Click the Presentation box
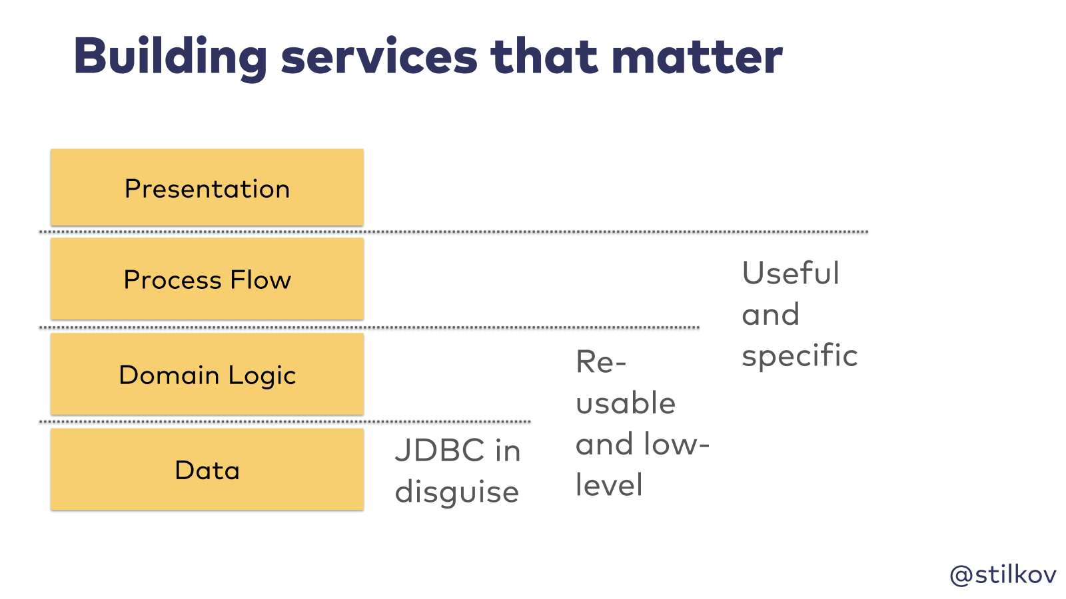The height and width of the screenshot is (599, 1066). click(207, 188)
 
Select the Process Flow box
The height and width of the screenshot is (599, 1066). click(207, 279)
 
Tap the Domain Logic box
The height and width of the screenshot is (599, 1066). click(207, 374)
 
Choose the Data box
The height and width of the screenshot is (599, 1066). click(207, 469)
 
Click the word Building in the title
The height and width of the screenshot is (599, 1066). click(170, 57)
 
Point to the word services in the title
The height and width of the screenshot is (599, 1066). click(379, 57)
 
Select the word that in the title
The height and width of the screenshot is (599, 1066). click(544, 57)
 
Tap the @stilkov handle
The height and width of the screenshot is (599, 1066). click(1003, 574)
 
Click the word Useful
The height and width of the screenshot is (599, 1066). click(790, 273)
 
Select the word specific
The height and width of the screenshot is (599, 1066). click(799, 356)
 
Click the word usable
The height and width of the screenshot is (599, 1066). click(626, 403)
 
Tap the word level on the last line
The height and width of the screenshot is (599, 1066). click(609, 485)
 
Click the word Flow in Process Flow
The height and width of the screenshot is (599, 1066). click(261, 280)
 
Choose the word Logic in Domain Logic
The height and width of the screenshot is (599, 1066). click(262, 375)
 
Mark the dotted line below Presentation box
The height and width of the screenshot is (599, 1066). click(453, 232)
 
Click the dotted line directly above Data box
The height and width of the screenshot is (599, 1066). click(284, 421)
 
